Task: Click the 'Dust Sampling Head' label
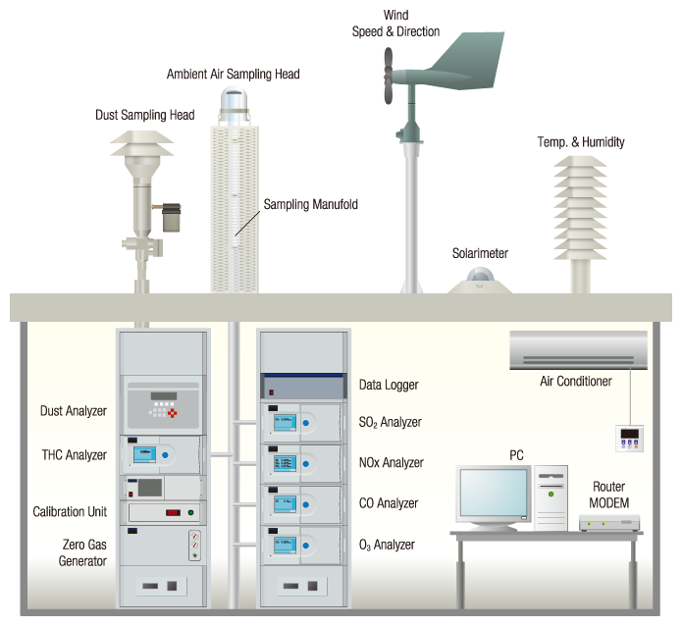pyautogui.click(x=144, y=115)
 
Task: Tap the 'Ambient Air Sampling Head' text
pyautogui.click(x=233, y=74)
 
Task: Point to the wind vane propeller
pyautogui.click(x=388, y=78)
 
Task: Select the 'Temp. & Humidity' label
pyautogui.click(x=581, y=141)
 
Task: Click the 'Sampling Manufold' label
pyautogui.click(x=311, y=205)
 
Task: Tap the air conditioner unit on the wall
pyautogui.click(x=578, y=349)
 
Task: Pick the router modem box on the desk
pyautogui.click(x=609, y=523)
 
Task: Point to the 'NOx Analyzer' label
pyautogui.click(x=391, y=463)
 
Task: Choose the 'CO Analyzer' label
pyautogui.click(x=389, y=503)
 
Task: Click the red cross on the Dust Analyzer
pyautogui.click(x=177, y=413)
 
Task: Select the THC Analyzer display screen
pyautogui.click(x=145, y=454)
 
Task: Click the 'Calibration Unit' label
pyautogui.click(x=70, y=512)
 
